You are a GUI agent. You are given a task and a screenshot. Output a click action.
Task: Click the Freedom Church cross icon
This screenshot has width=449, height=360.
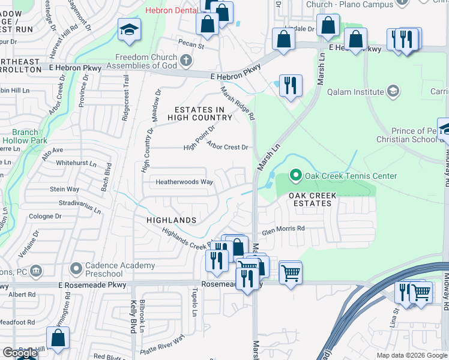click(186, 60)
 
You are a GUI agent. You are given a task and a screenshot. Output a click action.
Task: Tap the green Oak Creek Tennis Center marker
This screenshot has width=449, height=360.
click(295, 176)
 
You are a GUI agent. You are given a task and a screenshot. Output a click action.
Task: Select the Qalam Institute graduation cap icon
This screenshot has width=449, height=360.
click(393, 92)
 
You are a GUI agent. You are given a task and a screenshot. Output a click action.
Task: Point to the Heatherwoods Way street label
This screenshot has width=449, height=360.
click(184, 182)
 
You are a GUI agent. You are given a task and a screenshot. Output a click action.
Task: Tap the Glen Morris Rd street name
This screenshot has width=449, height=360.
click(283, 228)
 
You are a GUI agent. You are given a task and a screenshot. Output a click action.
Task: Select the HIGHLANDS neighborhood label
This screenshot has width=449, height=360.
click(172, 220)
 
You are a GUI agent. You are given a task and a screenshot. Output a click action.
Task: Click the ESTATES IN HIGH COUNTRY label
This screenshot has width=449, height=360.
click(199, 113)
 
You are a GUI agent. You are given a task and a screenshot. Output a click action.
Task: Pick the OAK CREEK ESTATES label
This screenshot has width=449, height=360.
click(310, 199)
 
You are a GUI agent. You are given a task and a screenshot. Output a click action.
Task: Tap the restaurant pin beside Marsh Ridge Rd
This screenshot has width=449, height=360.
click(291, 85)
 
